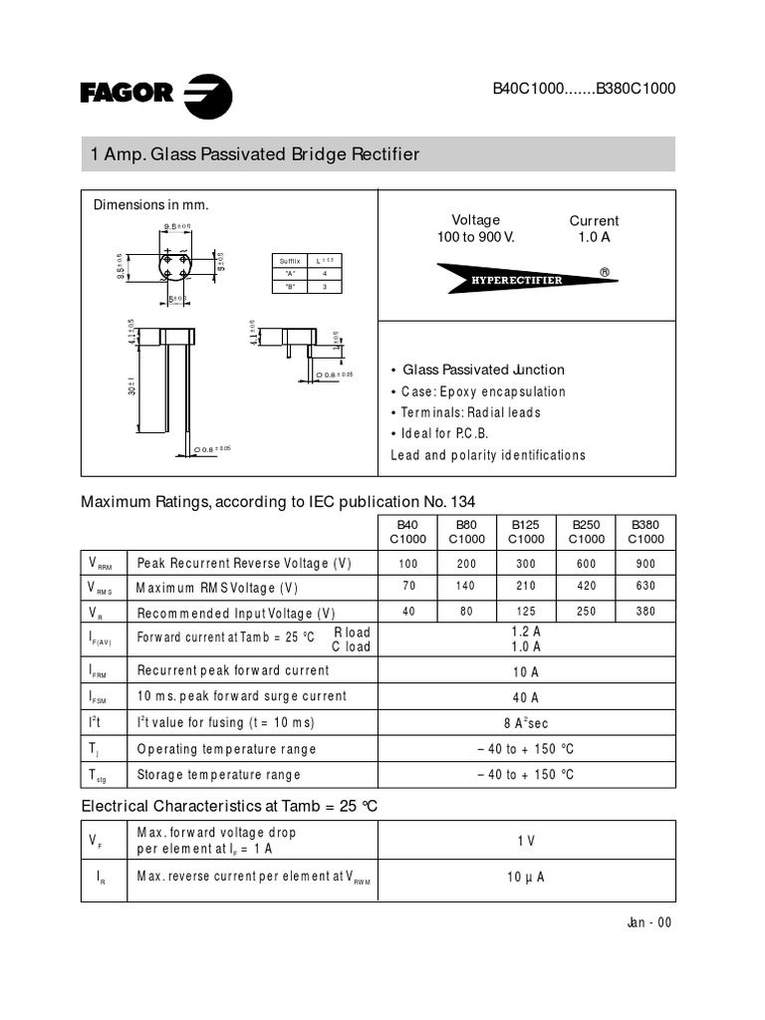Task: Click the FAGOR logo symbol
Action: click(208, 95)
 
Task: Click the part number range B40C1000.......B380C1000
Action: click(584, 88)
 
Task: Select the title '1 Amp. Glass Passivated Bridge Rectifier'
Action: click(255, 154)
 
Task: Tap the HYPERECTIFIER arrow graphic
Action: click(526, 279)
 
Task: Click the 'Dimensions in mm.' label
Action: click(151, 205)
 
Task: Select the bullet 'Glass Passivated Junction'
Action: click(483, 370)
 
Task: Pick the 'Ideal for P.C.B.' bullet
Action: click(445, 433)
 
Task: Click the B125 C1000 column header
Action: click(526, 532)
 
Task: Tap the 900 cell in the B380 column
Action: click(644, 564)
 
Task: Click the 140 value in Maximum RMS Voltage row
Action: click(466, 588)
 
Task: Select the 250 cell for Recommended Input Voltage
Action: click(586, 612)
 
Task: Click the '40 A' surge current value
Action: click(526, 697)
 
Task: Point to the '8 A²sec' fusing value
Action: click(526, 723)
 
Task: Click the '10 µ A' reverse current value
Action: click(526, 877)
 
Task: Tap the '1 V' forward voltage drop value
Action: click(526, 841)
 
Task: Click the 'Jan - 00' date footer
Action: click(649, 922)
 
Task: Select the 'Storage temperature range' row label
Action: click(218, 774)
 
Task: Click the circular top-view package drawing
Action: click(175, 264)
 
